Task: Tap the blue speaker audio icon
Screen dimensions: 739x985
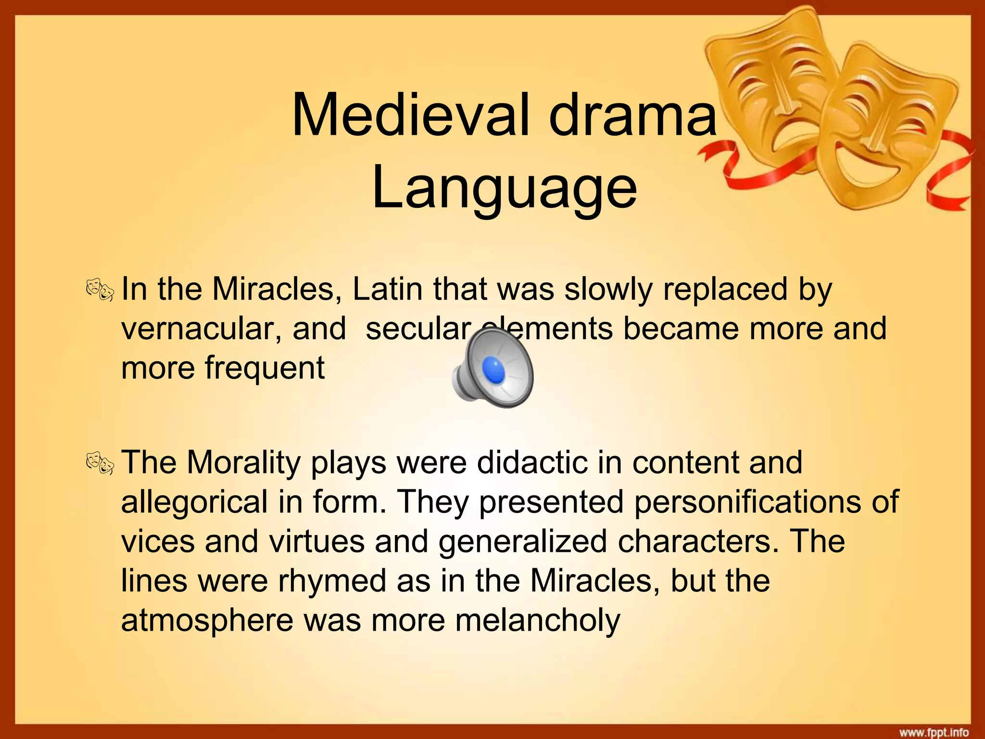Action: click(493, 370)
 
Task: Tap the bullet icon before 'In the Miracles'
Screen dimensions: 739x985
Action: click(100, 291)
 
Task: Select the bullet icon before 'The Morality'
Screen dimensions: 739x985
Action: click(100, 463)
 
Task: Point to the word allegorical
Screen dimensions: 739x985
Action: click(194, 502)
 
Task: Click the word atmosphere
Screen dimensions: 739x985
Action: click(207, 620)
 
